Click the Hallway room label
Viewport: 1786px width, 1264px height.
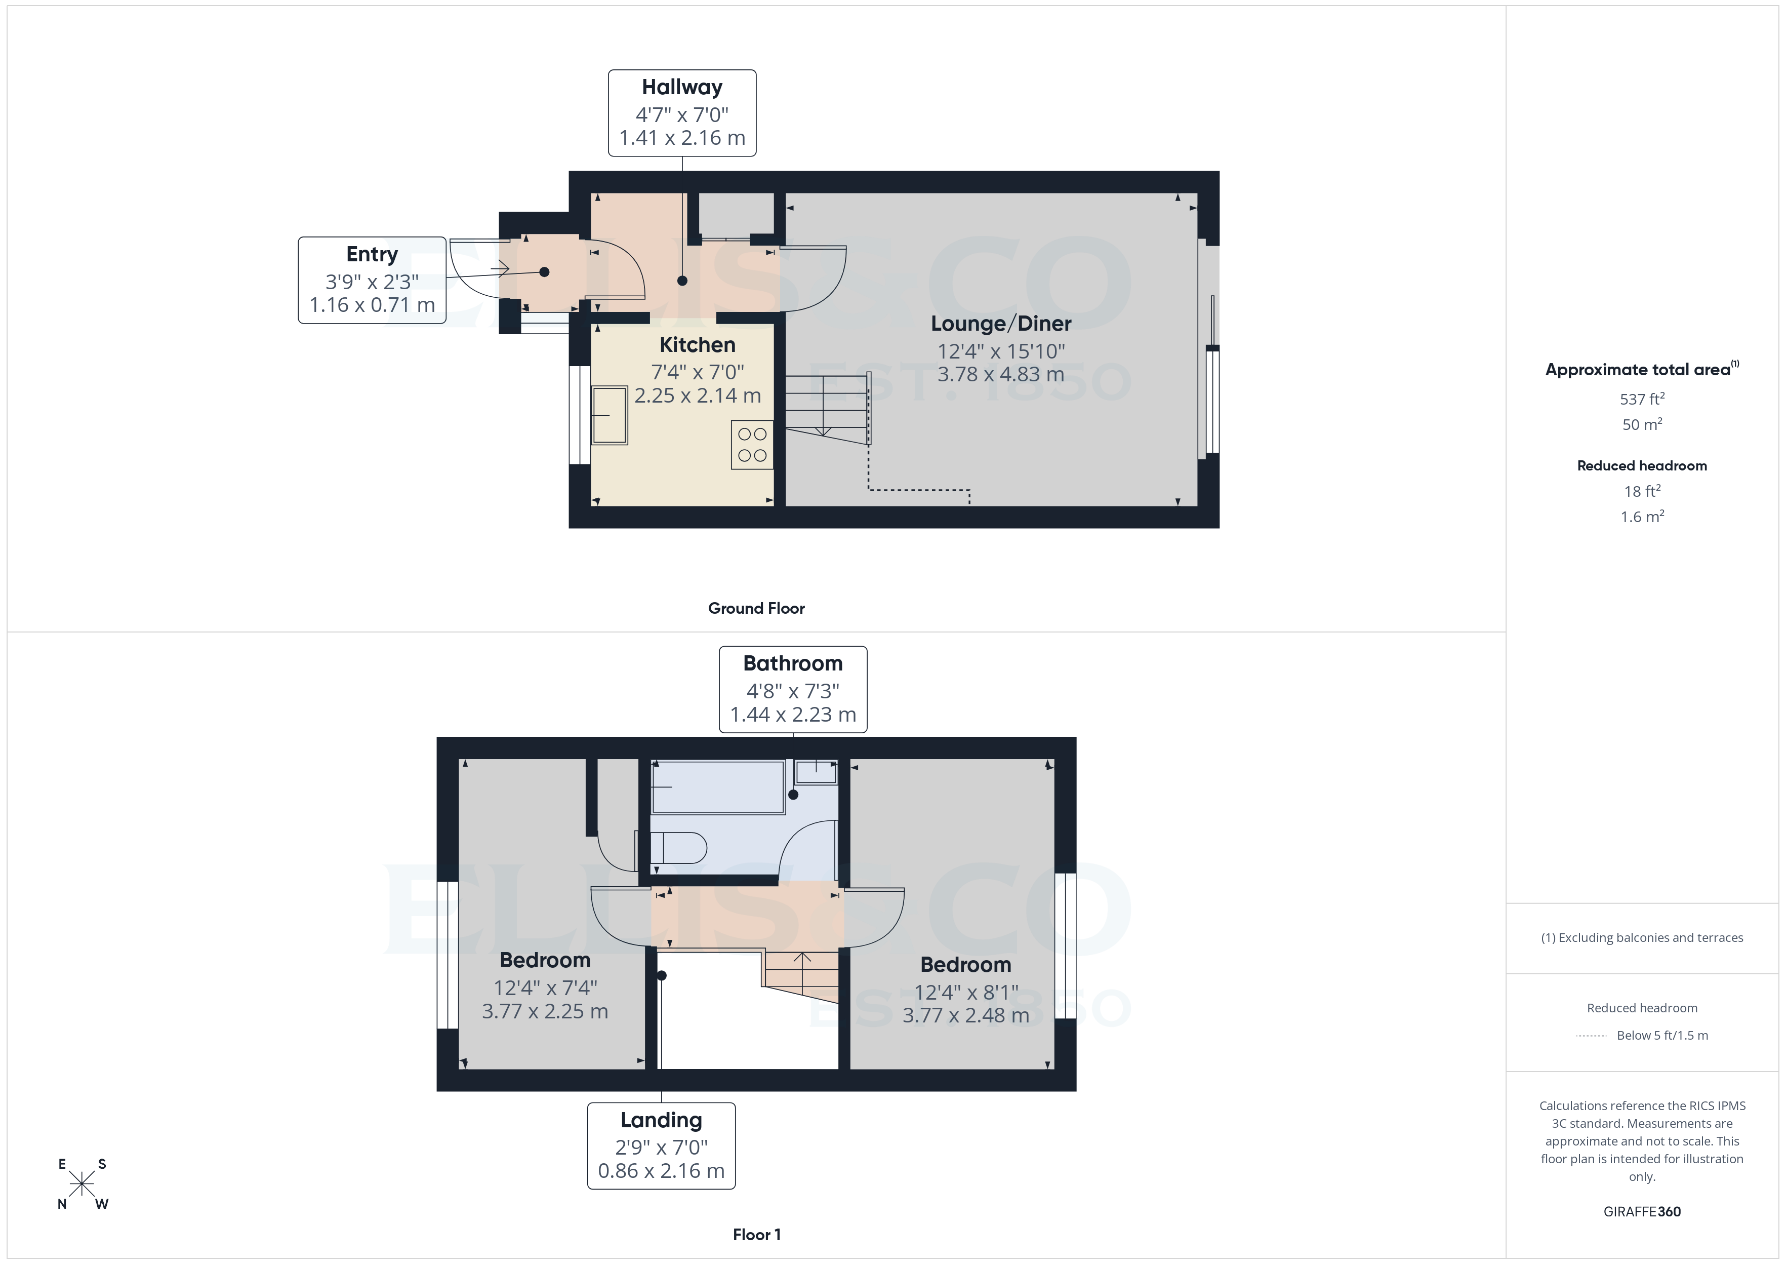[681, 87]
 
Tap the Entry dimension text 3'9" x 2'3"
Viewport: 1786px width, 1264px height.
[372, 282]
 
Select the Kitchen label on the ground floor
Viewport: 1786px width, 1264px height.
[697, 345]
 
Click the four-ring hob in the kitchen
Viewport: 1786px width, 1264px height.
[751, 445]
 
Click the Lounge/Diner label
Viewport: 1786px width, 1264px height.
[1000, 324]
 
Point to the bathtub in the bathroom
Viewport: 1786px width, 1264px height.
[717, 787]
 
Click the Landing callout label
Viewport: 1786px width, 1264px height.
[661, 1120]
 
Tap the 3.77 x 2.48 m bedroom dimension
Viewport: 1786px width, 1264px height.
[965, 1016]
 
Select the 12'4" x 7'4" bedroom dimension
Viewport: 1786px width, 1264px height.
[545, 987]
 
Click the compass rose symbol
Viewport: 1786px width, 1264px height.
[82, 1184]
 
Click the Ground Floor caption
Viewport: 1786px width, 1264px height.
[756, 609]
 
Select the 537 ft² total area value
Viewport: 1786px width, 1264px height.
[1641, 399]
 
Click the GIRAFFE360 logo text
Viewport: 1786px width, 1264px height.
[1641, 1212]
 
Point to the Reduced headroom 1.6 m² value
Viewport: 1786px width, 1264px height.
[1641, 517]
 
